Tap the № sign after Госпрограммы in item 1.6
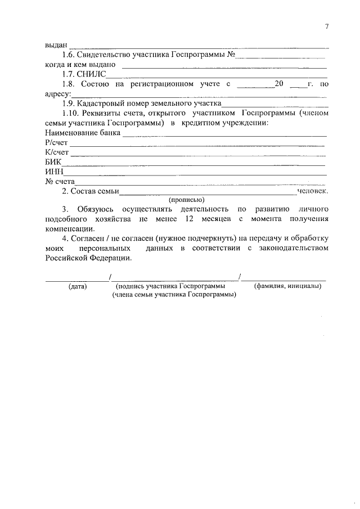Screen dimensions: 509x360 coord(231,55)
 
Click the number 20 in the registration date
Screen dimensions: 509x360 coord(278,84)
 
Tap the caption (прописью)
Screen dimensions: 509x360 coord(186,200)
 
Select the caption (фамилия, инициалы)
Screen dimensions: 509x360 coord(287,286)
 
